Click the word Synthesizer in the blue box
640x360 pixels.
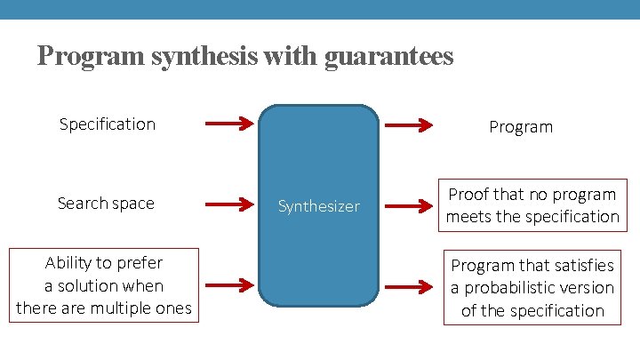pos(318,206)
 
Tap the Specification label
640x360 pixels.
pos(107,124)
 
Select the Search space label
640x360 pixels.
pos(106,203)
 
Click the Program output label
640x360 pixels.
pos(521,126)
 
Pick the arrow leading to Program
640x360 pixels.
pos(408,125)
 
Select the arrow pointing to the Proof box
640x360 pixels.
pos(408,205)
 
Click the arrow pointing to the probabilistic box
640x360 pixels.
pos(408,287)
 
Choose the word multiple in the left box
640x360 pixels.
pos(132,308)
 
